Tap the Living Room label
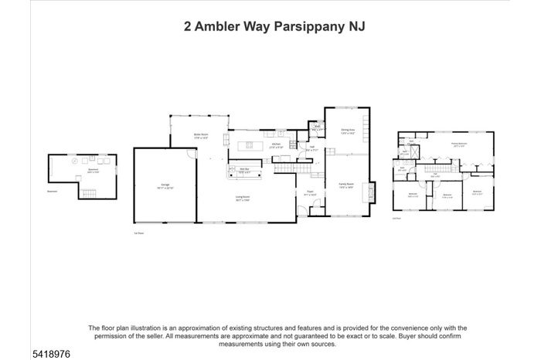coord(247,198)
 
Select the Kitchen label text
coord(276,144)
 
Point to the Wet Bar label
coord(243,170)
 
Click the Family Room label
coord(345,185)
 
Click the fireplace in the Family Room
coord(373,190)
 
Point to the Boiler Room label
coord(201,136)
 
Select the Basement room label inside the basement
coord(92,171)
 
